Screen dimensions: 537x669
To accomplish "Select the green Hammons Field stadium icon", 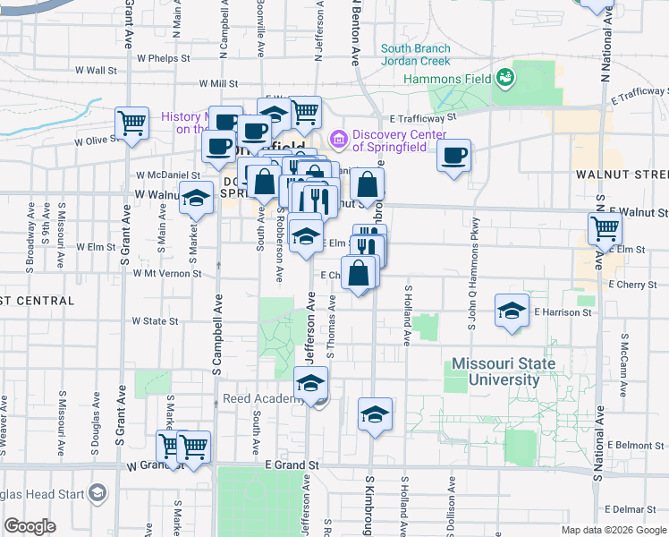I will tap(504, 78).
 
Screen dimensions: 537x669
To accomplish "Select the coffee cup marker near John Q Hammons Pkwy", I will tap(454, 156).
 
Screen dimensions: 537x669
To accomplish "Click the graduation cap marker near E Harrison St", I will tap(512, 311).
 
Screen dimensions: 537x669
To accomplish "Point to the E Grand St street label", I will tap(292, 465).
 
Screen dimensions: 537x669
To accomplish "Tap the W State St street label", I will tap(156, 320).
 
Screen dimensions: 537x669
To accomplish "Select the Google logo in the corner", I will tap(30, 526).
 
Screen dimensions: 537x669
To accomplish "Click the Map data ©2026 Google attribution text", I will tap(614, 530).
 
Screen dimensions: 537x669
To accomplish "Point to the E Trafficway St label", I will tap(423, 116).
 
